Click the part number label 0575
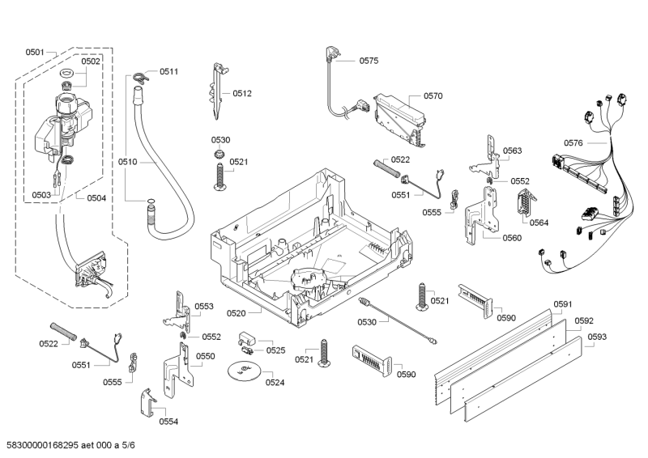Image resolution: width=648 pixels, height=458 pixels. point(369,60)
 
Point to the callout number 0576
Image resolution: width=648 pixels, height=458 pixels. point(573,143)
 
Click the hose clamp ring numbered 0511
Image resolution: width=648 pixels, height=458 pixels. point(141,77)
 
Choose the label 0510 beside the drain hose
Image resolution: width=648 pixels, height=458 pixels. point(128,162)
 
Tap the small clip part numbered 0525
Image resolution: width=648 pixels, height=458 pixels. point(247,339)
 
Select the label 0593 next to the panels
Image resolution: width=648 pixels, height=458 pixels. point(596,336)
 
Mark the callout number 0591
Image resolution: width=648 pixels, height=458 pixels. point(562,303)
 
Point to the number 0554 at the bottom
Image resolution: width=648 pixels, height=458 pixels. point(168,421)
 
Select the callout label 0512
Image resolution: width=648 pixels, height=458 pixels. point(242,94)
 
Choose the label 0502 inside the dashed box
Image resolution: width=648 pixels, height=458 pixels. point(91,61)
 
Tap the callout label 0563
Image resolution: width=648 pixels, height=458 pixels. point(512,151)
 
